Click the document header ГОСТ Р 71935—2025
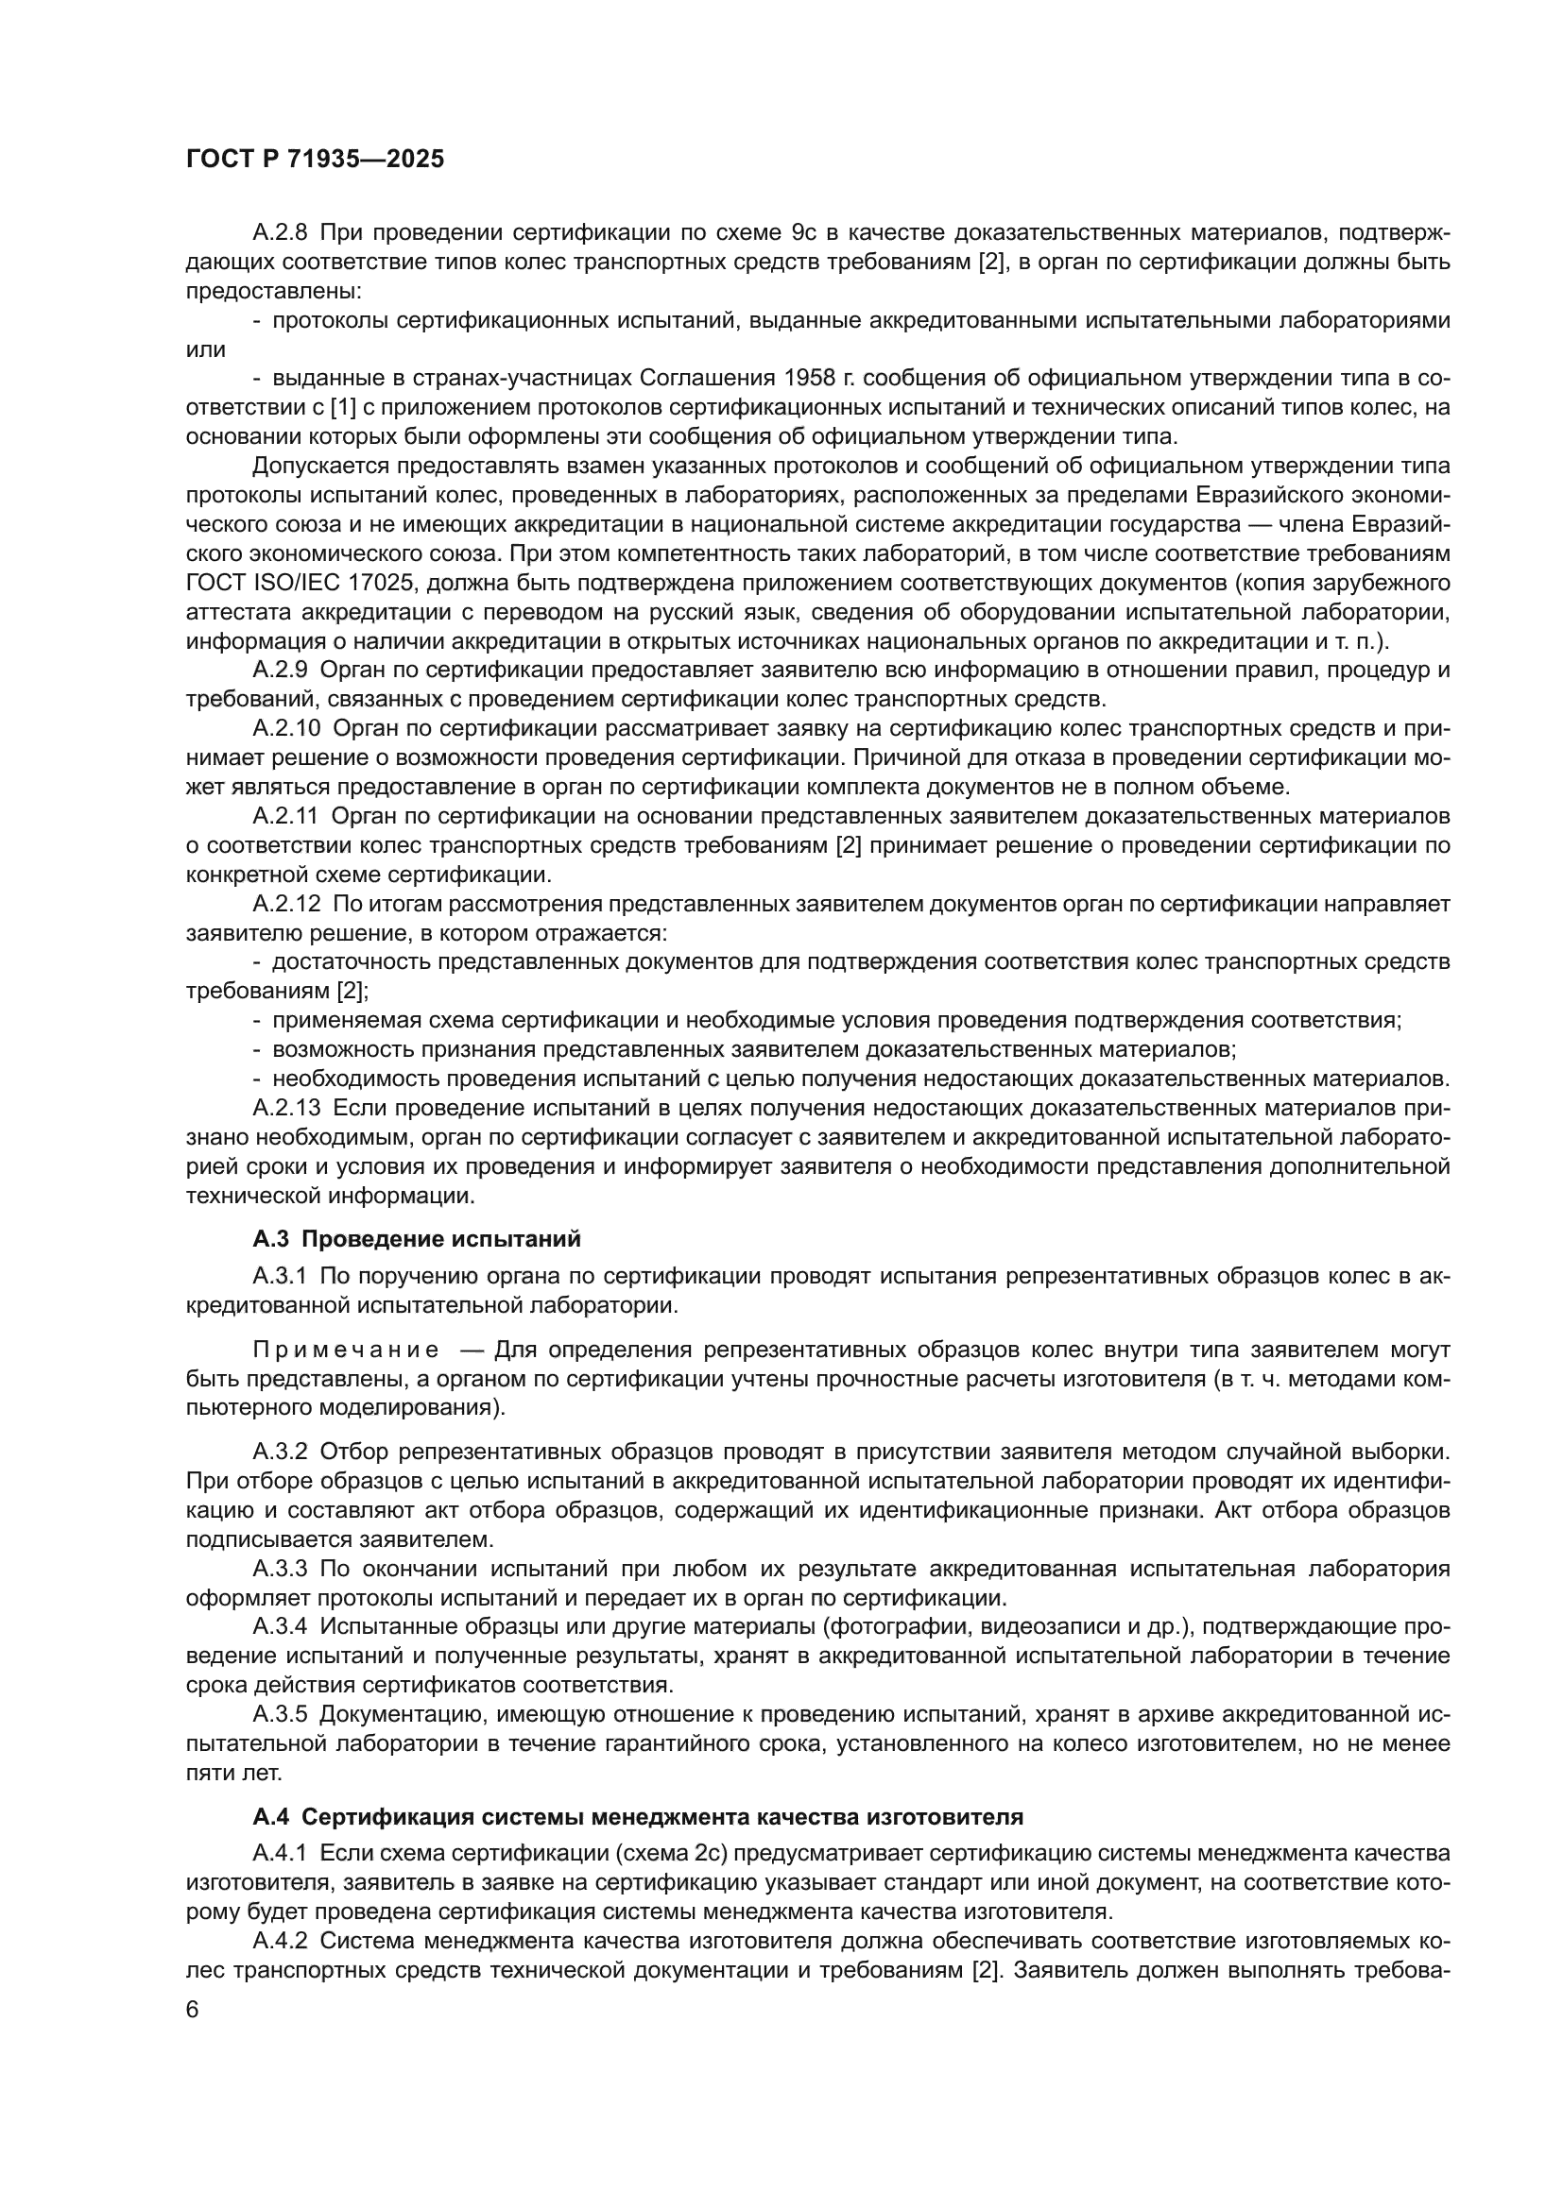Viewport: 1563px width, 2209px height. (x=315, y=160)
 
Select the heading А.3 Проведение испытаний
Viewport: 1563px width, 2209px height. (x=417, y=1238)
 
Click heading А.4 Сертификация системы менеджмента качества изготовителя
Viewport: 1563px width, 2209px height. (x=637, y=1817)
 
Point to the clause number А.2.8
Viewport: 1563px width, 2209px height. (x=280, y=233)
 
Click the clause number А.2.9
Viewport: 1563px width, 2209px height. (x=280, y=670)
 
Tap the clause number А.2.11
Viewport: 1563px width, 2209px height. (x=284, y=816)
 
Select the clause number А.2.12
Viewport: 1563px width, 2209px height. (x=285, y=904)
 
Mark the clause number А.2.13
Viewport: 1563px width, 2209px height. (x=285, y=1109)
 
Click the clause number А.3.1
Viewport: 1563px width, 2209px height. (x=280, y=1276)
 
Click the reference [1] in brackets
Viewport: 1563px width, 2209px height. (x=343, y=407)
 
